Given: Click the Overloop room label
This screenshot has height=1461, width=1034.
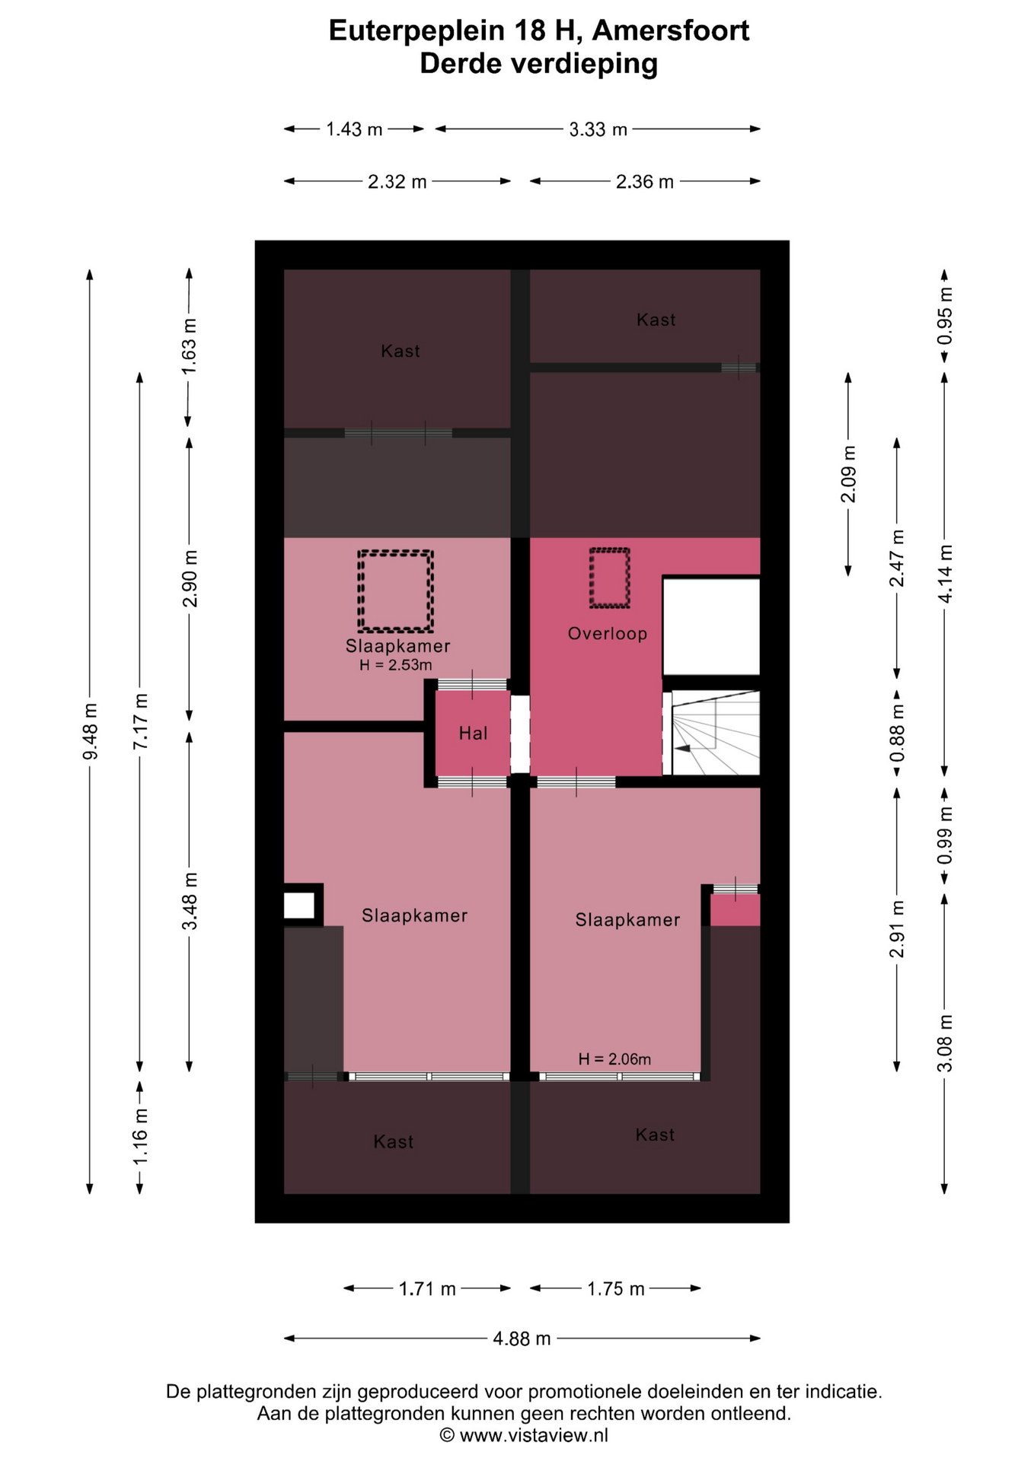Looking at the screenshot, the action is click(607, 633).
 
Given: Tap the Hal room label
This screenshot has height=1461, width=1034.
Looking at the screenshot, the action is click(473, 733).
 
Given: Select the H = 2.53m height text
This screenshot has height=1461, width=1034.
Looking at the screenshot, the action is click(396, 665).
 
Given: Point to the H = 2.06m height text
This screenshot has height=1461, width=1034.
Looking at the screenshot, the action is click(614, 1059).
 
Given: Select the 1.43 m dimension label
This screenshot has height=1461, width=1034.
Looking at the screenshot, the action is click(354, 129).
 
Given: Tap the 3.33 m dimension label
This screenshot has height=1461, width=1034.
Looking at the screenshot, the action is click(598, 129).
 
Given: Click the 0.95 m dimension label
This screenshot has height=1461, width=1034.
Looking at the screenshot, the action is click(944, 315).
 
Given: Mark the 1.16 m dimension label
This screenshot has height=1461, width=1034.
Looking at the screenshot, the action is click(140, 1137).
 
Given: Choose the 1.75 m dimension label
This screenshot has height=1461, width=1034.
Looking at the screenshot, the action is click(615, 1288).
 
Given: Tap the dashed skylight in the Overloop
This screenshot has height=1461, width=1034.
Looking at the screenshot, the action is click(610, 578).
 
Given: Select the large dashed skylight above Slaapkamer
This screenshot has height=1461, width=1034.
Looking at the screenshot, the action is click(396, 591).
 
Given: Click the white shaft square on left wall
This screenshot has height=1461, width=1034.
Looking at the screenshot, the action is click(299, 906).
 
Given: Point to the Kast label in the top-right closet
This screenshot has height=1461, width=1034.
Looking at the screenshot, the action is click(656, 320).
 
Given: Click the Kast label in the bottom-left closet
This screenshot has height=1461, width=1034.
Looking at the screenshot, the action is click(394, 1141).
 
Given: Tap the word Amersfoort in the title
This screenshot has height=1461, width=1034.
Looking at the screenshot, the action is click(671, 30).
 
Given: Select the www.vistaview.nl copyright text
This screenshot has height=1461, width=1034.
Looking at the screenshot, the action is click(524, 1435).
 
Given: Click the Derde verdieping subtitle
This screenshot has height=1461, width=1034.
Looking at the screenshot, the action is click(538, 64).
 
